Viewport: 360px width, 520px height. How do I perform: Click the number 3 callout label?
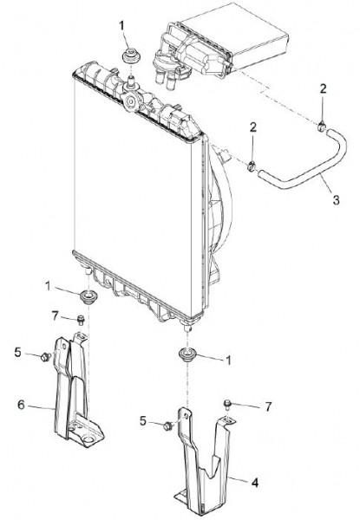pos(336,199)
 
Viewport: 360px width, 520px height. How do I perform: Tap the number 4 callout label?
pos(255,483)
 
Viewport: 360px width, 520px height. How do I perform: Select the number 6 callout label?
pos(21,405)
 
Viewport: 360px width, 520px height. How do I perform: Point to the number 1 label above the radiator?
pos(122,25)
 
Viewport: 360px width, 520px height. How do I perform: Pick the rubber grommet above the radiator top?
pos(132,55)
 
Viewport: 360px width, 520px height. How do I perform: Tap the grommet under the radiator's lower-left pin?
pos(89,296)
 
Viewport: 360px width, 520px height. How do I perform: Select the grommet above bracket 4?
pos(187,354)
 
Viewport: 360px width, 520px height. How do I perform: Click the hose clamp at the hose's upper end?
pos(321,126)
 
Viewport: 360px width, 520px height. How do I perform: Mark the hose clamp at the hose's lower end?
pos(252,166)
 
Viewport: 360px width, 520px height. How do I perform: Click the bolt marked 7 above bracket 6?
pos(81,320)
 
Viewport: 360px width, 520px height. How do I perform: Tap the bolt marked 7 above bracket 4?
pos(227,404)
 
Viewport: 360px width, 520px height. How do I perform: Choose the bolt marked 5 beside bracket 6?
pos(45,357)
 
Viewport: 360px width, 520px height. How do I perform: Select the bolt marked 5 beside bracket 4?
pos(168,426)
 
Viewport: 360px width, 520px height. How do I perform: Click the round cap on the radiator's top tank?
pos(131,101)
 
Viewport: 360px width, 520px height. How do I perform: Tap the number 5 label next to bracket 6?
pos(17,352)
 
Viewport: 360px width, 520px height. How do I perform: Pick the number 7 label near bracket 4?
pos(268,406)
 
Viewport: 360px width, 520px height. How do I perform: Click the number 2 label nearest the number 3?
pos(253,127)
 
